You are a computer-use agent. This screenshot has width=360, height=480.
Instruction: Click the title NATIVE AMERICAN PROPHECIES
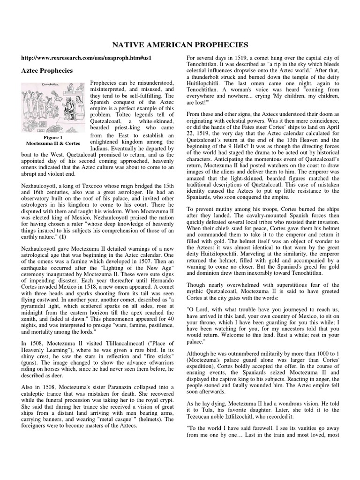[x=180, y=45]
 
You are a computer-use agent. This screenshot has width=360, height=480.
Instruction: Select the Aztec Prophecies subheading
[x=47, y=71]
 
